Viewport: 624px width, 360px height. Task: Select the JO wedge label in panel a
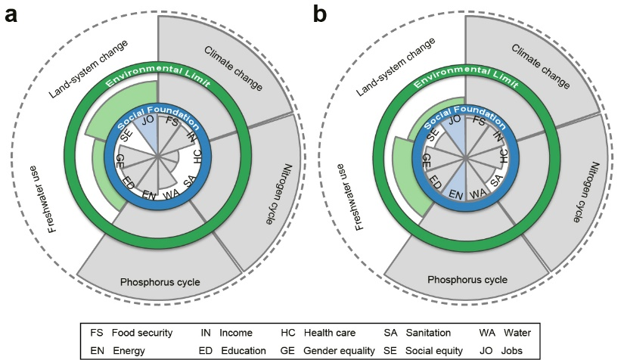tap(147, 119)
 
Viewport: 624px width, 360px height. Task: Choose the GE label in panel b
tap(426, 160)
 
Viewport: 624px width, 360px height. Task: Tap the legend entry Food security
tap(141, 332)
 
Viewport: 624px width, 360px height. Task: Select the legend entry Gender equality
tap(339, 350)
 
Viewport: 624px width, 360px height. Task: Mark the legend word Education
tap(244, 350)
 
